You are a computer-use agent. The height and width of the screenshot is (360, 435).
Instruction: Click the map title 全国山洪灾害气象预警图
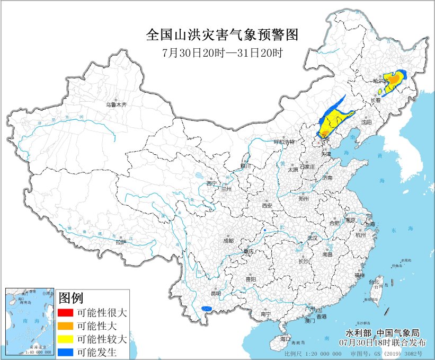click(x=223, y=36)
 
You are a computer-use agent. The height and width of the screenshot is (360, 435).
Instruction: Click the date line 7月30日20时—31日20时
click(x=223, y=53)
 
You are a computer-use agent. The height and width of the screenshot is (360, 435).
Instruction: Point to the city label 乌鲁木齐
click(x=117, y=105)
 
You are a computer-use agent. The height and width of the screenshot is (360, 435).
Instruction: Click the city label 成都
click(x=228, y=240)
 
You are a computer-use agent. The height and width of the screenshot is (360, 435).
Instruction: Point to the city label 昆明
click(x=216, y=293)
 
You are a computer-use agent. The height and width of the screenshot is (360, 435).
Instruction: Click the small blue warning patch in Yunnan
click(x=207, y=308)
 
